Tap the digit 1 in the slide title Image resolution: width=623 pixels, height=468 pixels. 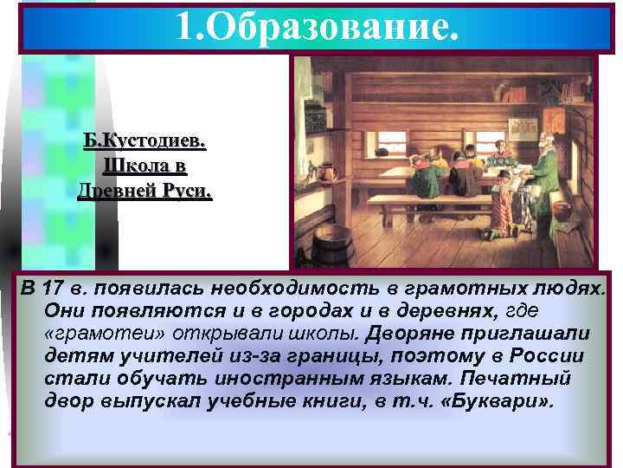tap(183, 28)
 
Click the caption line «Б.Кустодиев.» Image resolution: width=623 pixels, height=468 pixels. tap(145, 141)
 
